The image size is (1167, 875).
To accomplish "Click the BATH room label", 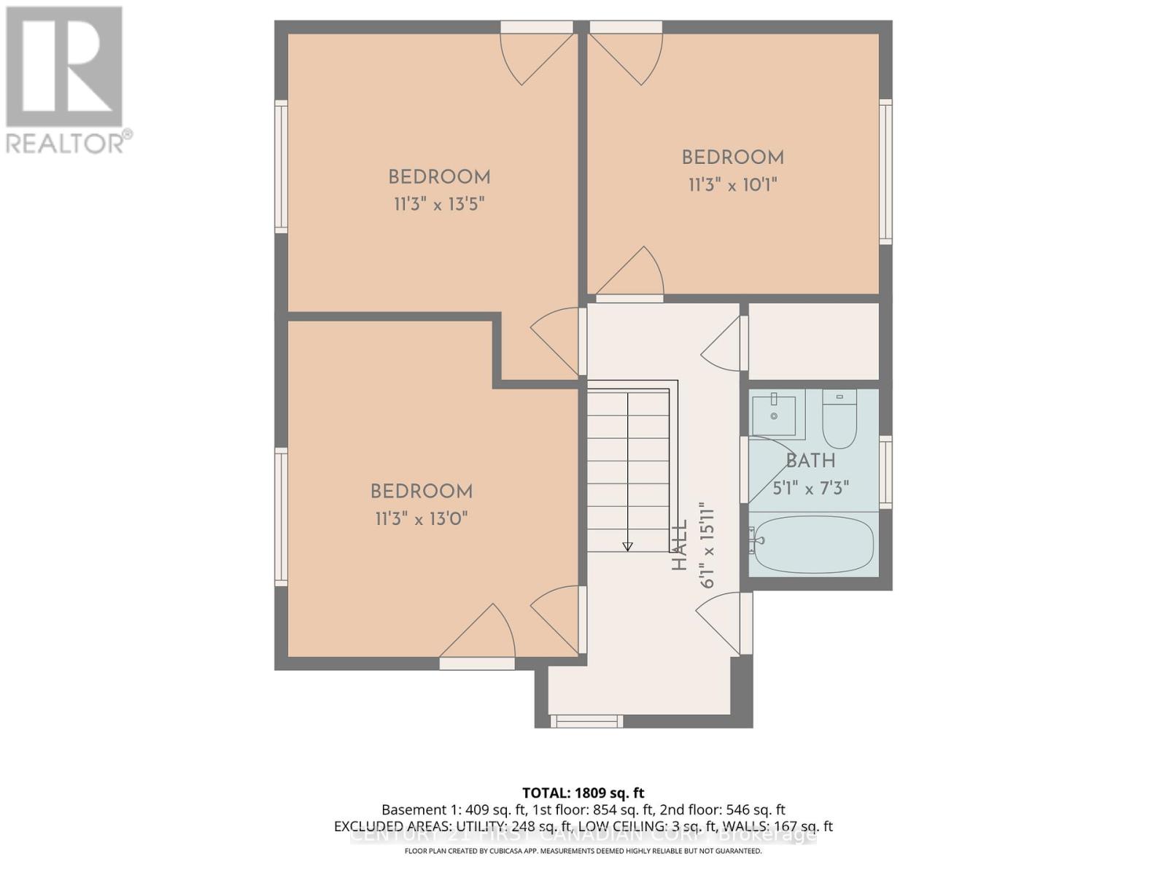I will tap(810, 461).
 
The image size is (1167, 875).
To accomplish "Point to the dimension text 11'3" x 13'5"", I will tap(439, 204).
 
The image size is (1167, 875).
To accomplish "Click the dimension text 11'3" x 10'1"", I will tap(732, 184).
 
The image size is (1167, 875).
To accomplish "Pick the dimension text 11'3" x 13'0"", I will tap(421, 519).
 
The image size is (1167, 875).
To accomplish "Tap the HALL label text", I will tap(679, 545).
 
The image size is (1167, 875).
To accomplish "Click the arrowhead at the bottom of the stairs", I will tap(627, 546).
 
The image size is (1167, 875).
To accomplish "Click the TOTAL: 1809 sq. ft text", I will tap(583, 793).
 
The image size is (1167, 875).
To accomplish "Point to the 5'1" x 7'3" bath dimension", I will tap(810, 488).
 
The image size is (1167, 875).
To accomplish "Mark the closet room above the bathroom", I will tap(813, 341).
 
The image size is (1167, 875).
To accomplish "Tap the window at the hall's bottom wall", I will tap(586, 721).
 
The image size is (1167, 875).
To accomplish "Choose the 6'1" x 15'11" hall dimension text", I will tap(706, 545).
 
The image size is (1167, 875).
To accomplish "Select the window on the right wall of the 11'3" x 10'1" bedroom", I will tap(885, 171).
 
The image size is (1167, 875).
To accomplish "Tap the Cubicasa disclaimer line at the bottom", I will tap(583, 851).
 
